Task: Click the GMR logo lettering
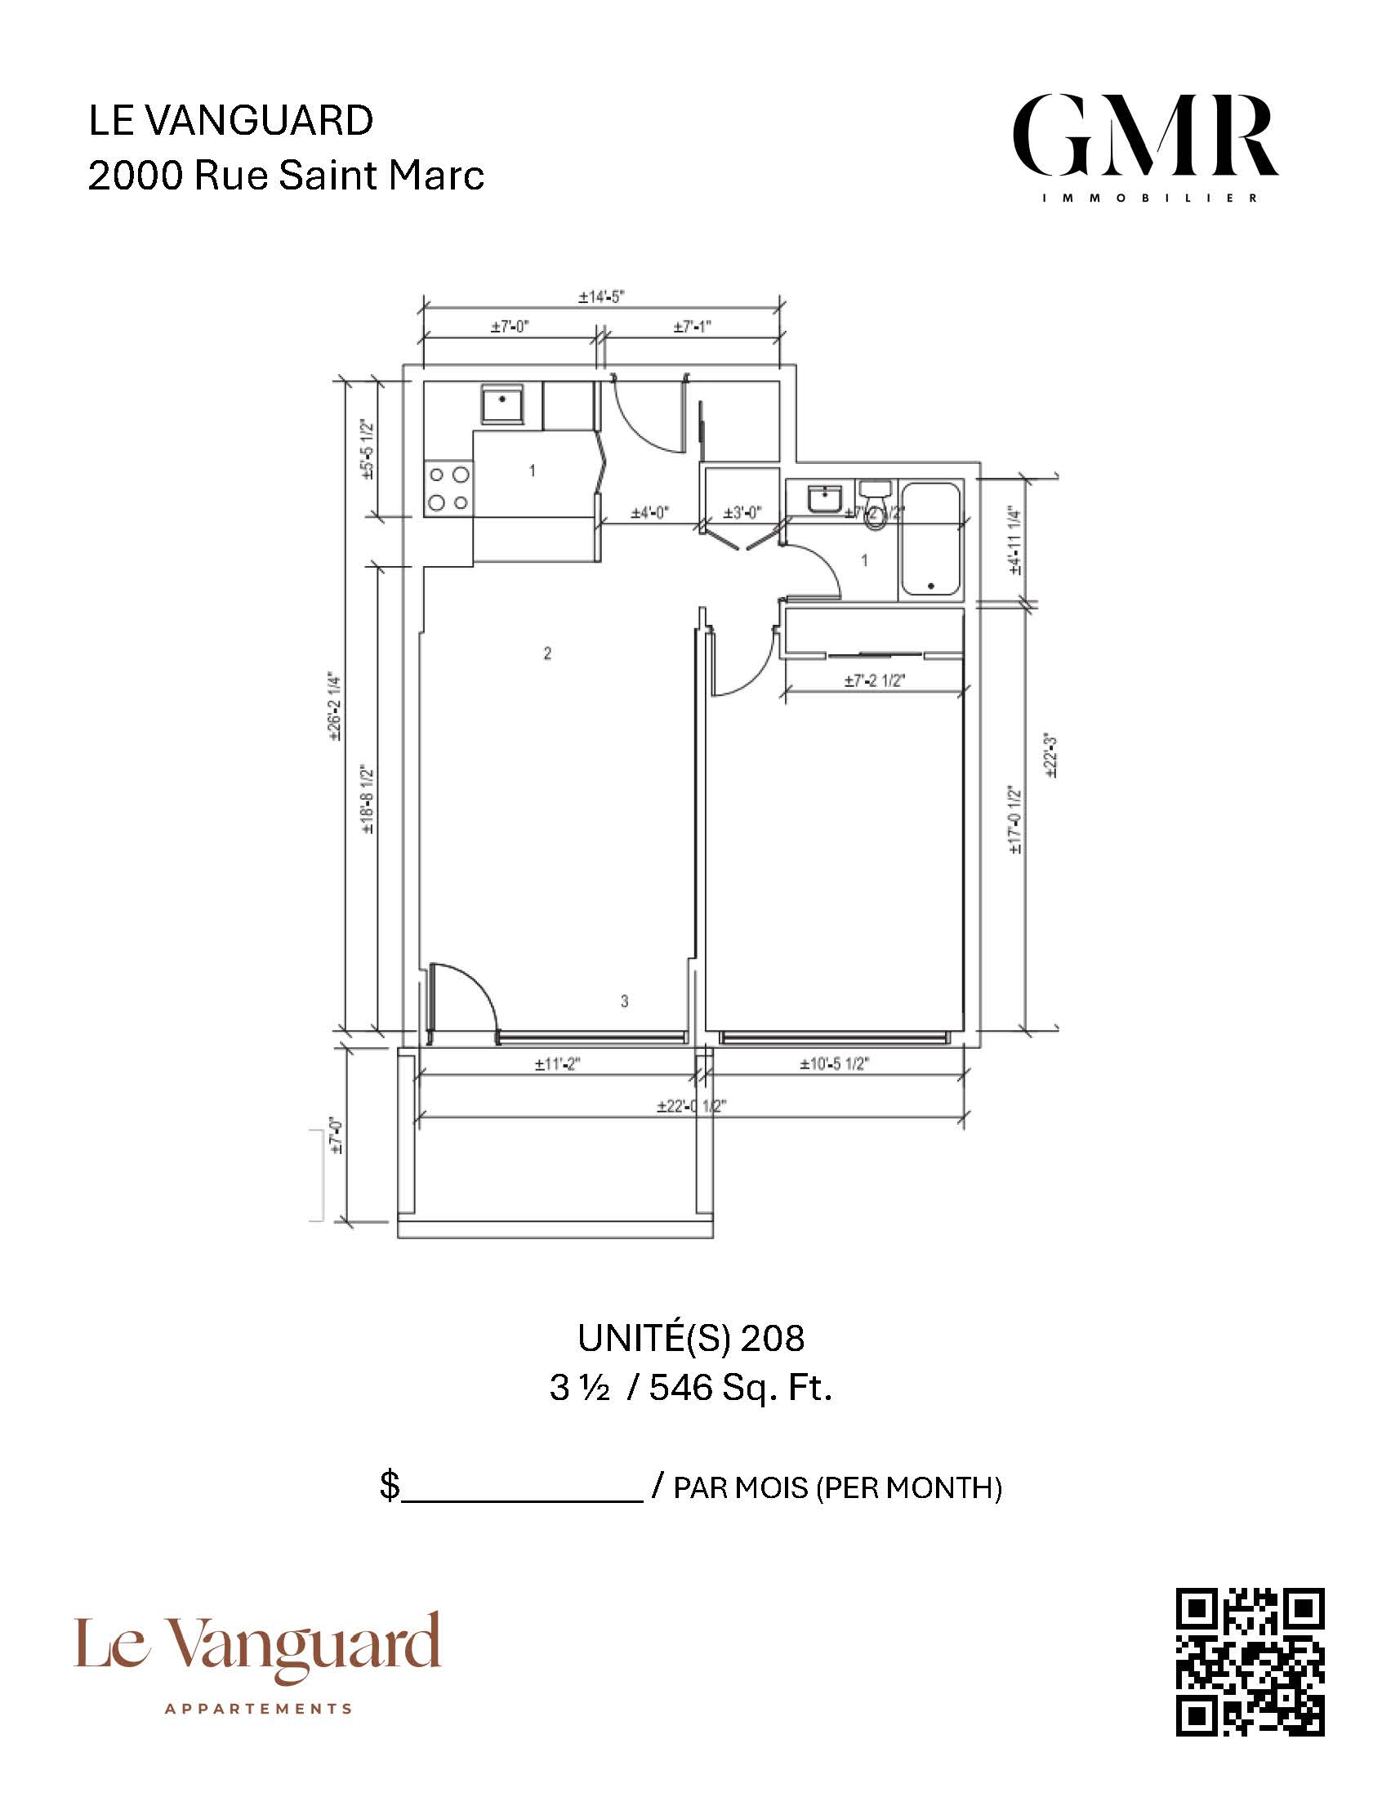coord(1144,136)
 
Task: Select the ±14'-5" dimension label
coord(601,297)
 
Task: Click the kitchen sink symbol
coord(502,403)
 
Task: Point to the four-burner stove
coord(448,488)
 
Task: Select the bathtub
coord(930,540)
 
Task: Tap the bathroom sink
coord(823,498)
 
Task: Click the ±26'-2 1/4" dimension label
coord(334,707)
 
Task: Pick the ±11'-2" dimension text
coord(557,1064)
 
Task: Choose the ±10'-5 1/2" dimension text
coord(834,1064)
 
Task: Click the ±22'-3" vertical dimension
coord(1050,754)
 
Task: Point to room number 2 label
coord(547,653)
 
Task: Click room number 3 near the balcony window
coord(624,1001)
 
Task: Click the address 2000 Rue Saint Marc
coord(285,175)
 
